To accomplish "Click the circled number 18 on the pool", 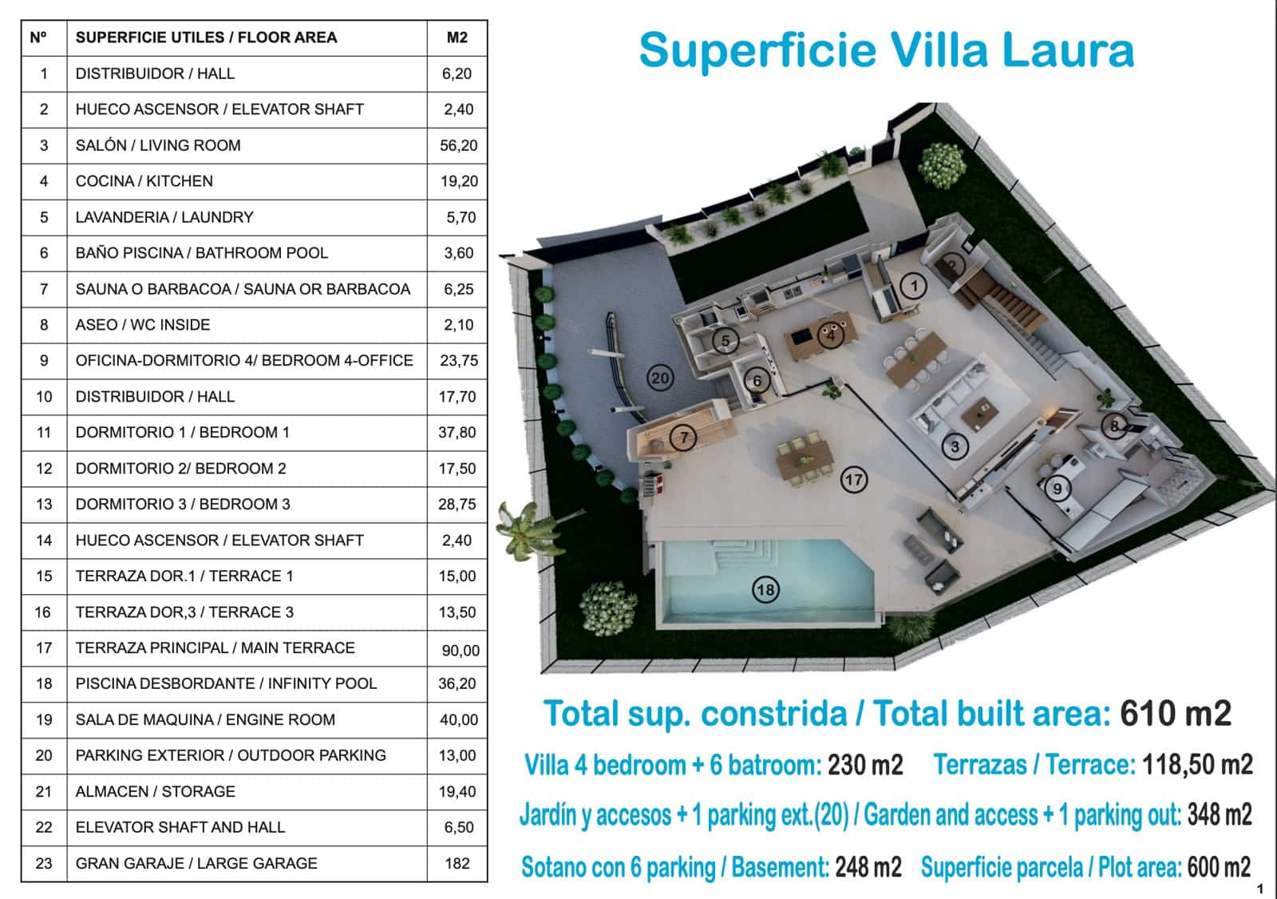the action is point(765,590).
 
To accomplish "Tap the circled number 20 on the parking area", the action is point(660,378).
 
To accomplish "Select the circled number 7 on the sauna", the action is point(683,438).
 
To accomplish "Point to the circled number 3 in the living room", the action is point(955,446).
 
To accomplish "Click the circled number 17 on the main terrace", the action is point(853,480).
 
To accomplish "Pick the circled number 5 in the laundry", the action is point(725,341).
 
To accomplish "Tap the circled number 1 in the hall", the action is point(913,285).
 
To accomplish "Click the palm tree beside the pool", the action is point(528,530).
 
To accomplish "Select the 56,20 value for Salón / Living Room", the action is point(458,145).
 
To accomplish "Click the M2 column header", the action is point(457,38).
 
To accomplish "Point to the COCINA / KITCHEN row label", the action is point(144,180).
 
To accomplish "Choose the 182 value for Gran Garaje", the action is point(457,863).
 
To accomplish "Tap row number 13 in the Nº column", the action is point(44,505).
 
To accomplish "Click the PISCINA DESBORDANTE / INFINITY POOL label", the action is point(227,683).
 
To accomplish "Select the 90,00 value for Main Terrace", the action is point(461,650).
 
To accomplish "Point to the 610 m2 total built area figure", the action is point(1176,713).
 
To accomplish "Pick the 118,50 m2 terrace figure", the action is point(1197,765).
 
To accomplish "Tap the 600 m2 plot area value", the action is point(1219,867).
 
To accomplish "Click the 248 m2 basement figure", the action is point(868,867).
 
